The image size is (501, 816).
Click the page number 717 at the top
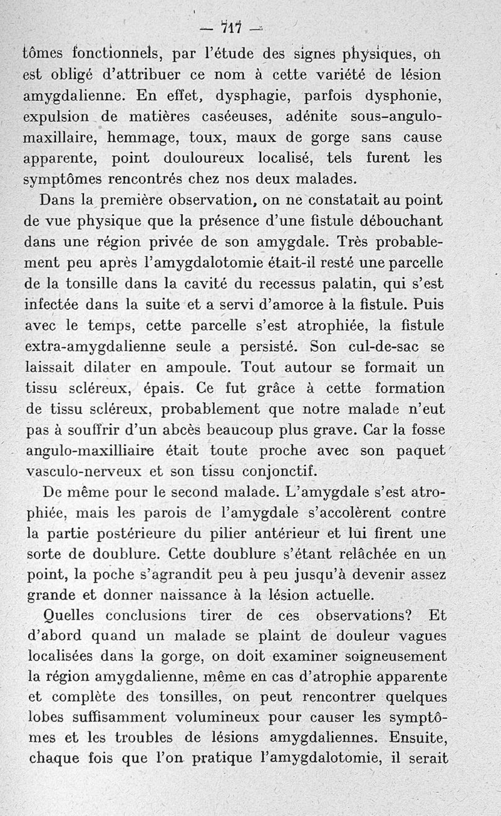tap(231, 28)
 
